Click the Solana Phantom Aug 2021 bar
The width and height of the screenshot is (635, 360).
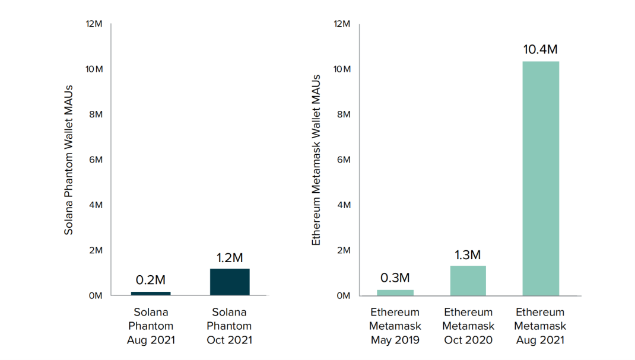pyautogui.click(x=151, y=293)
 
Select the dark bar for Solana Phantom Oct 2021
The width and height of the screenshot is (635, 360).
pyautogui.click(x=230, y=282)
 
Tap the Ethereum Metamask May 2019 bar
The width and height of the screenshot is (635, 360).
pyautogui.click(x=395, y=292)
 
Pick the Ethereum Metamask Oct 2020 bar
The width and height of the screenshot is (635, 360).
pyautogui.click(x=468, y=281)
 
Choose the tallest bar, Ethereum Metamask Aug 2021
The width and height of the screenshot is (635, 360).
pyautogui.click(x=541, y=178)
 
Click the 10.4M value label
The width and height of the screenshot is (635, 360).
pyautogui.click(x=541, y=50)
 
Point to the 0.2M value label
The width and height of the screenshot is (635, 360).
pyautogui.click(x=151, y=280)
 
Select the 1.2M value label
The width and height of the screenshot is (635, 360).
pyautogui.click(x=230, y=258)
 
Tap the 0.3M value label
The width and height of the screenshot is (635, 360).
pyautogui.click(x=395, y=278)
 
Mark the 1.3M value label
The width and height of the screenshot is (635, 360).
pyautogui.click(x=468, y=255)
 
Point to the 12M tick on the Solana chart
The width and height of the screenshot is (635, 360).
pyautogui.click(x=94, y=24)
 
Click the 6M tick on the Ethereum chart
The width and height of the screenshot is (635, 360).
pyautogui.click(x=342, y=160)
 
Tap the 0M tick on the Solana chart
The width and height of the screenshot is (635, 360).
pyautogui.click(x=96, y=295)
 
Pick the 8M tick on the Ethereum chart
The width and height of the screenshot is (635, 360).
pyautogui.click(x=342, y=114)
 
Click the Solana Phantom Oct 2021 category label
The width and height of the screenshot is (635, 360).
pyautogui.click(x=230, y=326)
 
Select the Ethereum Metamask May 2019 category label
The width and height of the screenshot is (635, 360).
pyautogui.click(x=395, y=326)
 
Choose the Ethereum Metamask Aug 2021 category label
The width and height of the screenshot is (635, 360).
pyautogui.click(x=541, y=326)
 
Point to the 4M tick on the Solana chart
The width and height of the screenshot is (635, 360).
pyautogui.click(x=96, y=205)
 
